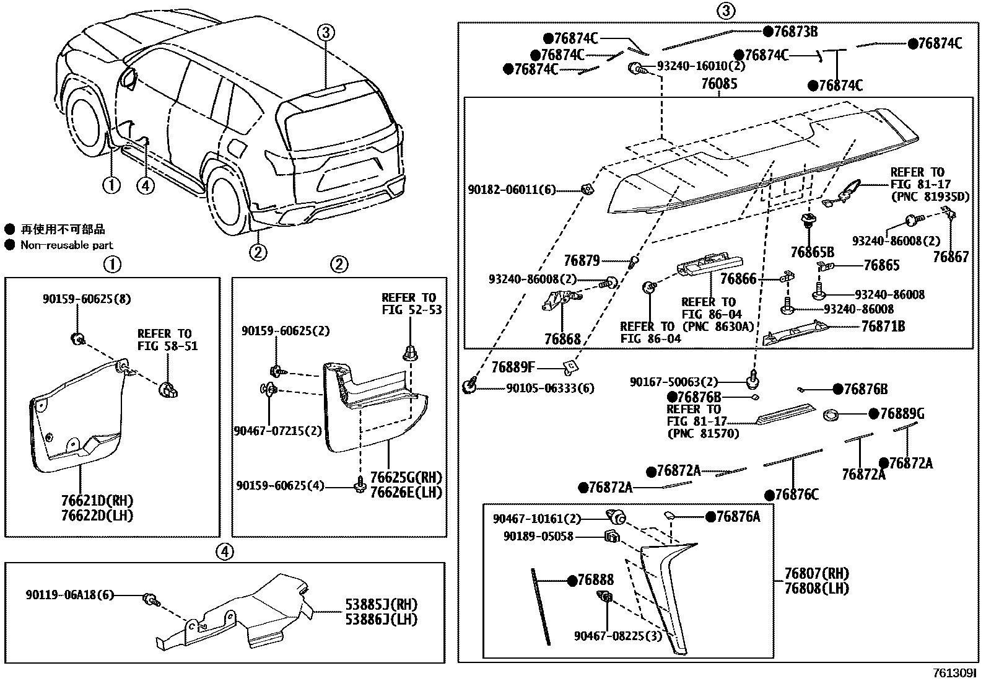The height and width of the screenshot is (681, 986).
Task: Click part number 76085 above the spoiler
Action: [718, 84]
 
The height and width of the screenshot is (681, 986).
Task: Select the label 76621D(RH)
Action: [97, 501]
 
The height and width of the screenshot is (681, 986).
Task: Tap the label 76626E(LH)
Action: [406, 493]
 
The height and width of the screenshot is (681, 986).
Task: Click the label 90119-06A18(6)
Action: [70, 595]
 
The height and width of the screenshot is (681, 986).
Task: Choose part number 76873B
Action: [796, 32]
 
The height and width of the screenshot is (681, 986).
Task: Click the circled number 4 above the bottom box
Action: [225, 551]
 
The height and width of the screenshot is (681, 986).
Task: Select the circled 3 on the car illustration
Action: [326, 33]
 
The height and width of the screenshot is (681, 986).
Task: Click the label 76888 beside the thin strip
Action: [595, 580]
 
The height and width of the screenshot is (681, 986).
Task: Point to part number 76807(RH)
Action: [816, 573]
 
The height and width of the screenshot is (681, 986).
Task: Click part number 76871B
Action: [883, 326]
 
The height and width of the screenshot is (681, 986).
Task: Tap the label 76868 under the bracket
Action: [562, 339]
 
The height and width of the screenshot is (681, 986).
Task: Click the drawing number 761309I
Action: [954, 673]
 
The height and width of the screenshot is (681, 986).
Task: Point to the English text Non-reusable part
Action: [67, 245]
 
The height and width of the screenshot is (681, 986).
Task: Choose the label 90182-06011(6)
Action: [512, 190]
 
